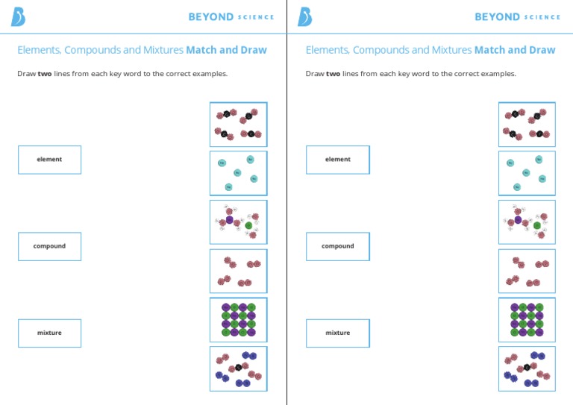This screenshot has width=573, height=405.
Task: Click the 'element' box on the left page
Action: point(49,160)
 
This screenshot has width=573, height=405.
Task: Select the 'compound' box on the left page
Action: point(49,246)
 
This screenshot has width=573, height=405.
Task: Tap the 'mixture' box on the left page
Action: point(49,333)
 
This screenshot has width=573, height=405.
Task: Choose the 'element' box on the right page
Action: point(337,160)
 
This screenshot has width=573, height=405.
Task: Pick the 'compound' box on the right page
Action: point(337,246)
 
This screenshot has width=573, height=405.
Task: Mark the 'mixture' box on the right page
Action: point(337,333)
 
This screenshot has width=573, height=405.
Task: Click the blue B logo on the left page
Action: point(18,16)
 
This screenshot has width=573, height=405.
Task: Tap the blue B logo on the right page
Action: point(305,16)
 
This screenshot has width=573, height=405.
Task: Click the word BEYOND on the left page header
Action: point(210,16)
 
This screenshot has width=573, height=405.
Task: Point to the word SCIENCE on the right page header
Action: point(542,17)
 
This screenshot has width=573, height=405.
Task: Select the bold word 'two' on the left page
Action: point(45,74)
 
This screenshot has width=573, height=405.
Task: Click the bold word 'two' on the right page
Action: point(333,74)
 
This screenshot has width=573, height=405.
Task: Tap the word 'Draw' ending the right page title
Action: point(542,50)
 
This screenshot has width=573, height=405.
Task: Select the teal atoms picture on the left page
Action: point(238,173)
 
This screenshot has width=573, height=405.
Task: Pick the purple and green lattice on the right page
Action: point(527,319)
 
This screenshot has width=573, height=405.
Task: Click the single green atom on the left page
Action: point(248,225)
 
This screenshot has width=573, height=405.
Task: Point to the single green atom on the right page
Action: point(537,225)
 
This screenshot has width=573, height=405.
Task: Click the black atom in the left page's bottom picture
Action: point(238,368)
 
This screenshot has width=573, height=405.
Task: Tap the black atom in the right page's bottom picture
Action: point(527,368)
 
